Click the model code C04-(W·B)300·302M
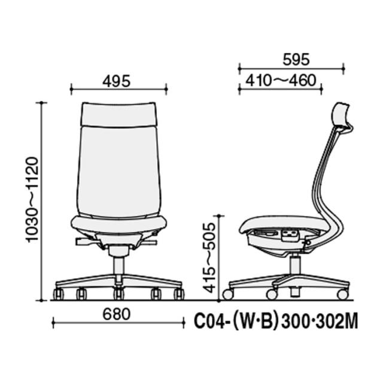(x=276, y=323)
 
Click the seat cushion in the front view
(x=118, y=224)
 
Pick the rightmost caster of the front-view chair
(x=178, y=294)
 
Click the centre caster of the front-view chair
(x=118, y=294)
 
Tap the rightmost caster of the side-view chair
(x=342, y=294)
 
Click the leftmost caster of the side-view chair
(x=227, y=294)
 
